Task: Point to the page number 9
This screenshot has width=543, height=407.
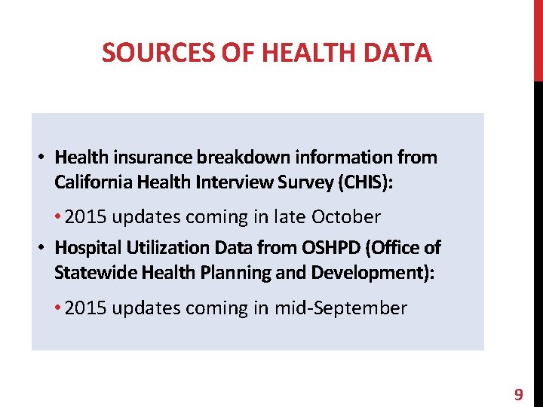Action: [x=518, y=394]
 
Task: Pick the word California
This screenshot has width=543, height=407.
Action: [x=90, y=182]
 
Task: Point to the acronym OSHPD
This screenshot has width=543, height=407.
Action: [x=332, y=247]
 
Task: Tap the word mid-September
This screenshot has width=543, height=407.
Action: [x=351, y=308]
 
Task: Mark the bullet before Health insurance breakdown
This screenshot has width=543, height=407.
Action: [x=43, y=158]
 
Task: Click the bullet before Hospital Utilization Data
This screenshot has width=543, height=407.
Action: [x=43, y=247]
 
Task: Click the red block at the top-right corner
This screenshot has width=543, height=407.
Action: [x=538, y=41]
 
